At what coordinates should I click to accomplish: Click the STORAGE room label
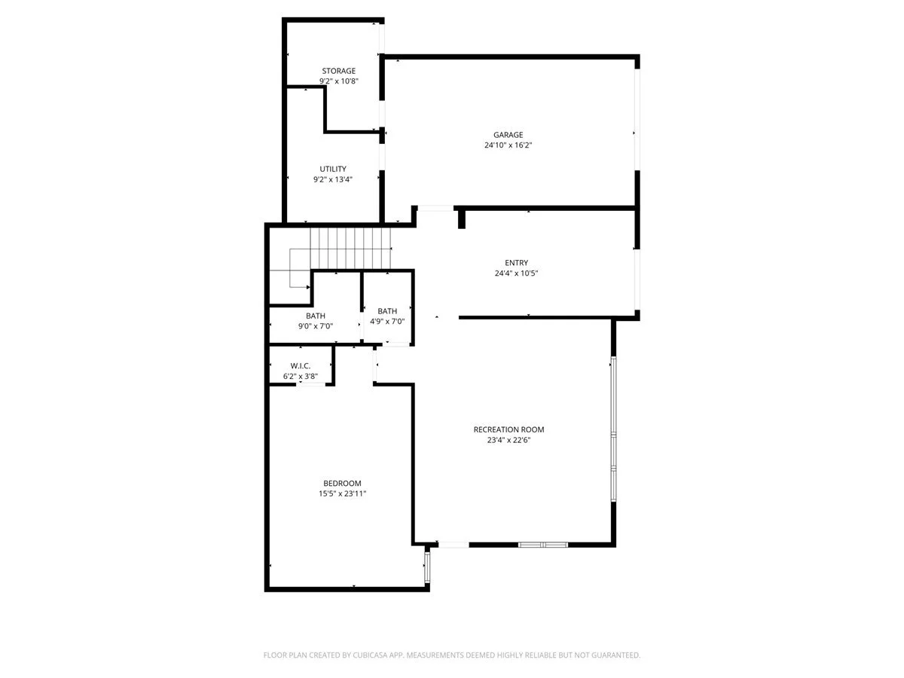click(x=338, y=71)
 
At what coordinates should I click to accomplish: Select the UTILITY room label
click(x=333, y=169)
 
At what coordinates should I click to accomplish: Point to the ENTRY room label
click(x=516, y=263)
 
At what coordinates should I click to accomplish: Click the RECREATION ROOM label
click(x=508, y=429)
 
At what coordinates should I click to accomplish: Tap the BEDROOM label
click(x=342, y=483)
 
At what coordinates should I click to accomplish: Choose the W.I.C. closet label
click(x=301, y=365)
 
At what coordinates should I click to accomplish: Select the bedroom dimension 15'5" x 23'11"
click(x=342, y=493)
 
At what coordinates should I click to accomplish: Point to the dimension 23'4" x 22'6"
click(x=508, y=440)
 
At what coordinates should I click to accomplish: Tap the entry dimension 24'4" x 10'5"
click(x=516, y=273)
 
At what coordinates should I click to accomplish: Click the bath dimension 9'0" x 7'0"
click(x=316, y=326)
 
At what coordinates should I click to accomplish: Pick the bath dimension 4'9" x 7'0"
click(x=387, y=322)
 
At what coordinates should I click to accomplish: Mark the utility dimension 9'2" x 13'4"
click(x=333, y=179)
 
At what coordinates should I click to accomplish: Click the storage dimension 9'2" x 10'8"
click(x=338, y=81)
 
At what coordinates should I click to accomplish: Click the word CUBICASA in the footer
click(x=367, y=655)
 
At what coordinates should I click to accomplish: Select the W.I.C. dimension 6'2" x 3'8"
click(x=301, y=376)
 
